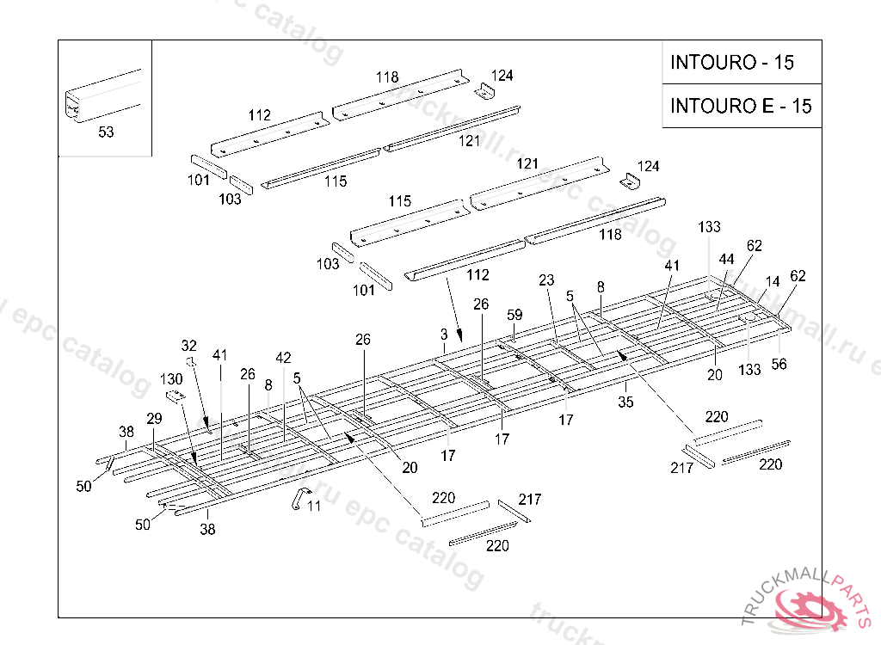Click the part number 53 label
pos(106,132)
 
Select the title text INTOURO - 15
pos(732,63)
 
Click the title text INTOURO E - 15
pos(741,106)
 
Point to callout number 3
pos(444,333)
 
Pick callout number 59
pos(514,314)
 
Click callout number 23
pos(546,280)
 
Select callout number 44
pos(727,260)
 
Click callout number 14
pos(773,281)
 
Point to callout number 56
pos(779,364)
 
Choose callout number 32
pos(189,345)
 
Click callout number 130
pos(171,379)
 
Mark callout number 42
pos(283,357)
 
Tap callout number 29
pos(154,419)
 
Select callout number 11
pos(314,507)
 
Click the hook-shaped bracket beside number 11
pos(297,497)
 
